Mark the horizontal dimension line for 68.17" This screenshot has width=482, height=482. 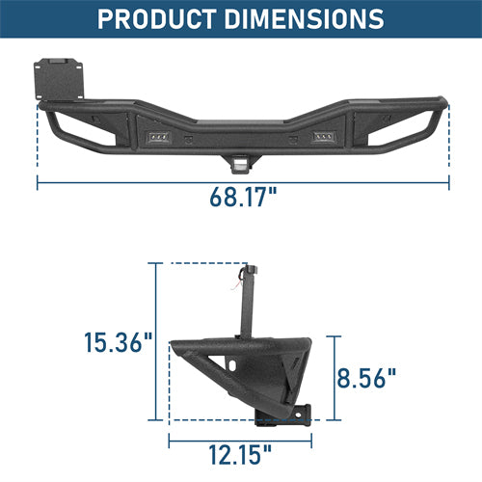coord(243,180)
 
